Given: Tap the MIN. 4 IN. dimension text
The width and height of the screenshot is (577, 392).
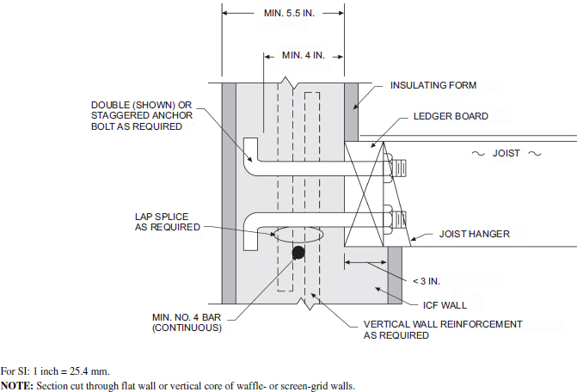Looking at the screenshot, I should click(x=304, y=56).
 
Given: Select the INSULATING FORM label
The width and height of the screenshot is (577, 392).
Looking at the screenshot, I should click(x=433, y=86).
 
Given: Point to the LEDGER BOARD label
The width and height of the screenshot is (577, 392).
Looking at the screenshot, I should click(x=451, y=116).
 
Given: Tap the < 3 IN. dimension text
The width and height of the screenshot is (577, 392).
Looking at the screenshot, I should click(x=427, y=281).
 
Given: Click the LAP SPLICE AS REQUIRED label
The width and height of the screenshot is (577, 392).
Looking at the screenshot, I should click(x=166, y=221).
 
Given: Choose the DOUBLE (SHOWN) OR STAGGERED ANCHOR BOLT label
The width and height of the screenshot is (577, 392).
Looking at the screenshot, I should click(x=142, y=115).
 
